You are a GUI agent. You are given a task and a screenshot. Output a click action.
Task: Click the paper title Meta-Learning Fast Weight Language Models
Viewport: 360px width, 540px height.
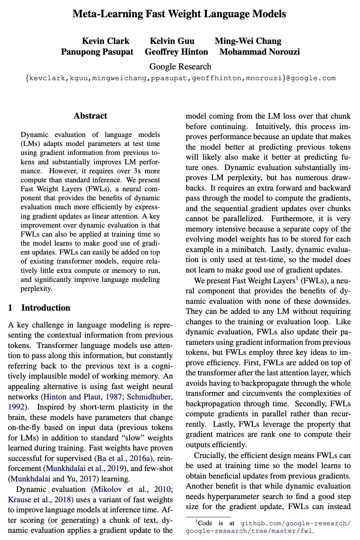point(179,14)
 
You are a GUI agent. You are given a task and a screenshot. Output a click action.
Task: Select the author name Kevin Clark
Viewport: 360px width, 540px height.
point(106,41)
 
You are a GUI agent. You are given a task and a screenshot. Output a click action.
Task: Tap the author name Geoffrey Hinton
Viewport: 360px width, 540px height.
point(176,52)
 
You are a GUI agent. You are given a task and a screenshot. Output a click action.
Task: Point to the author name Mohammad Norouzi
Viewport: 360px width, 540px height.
point(259,52)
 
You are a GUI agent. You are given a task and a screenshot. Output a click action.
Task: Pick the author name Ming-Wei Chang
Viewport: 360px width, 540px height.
point(248,41)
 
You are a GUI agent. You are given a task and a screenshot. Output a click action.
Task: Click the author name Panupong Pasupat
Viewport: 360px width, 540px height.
point(97,52)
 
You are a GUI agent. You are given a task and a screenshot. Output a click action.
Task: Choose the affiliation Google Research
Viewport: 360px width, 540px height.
point(180,67)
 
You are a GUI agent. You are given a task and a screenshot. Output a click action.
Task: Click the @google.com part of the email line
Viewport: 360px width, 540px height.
point(310,78)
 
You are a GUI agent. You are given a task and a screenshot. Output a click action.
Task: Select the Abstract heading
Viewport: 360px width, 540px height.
point(90,116)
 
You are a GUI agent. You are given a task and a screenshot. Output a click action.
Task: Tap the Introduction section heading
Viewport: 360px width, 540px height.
point(46,308)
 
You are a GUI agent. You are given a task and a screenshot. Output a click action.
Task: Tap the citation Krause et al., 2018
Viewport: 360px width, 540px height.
point(41,500)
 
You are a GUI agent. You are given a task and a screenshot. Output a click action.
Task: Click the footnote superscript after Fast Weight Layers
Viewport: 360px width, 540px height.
point(297,278)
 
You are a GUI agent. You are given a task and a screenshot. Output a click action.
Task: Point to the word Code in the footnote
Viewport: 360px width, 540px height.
point(205,523)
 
